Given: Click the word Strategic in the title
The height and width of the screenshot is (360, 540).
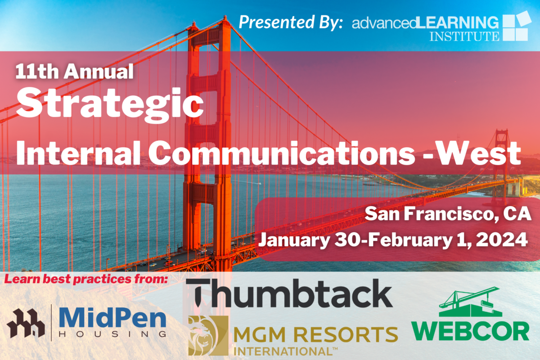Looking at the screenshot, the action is pyautogui.click(x=110, y=105).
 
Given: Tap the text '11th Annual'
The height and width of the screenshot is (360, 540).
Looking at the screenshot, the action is pyautogui.click(x=74, y=72).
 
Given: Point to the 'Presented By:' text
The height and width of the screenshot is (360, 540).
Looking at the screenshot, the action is pyautogui.click(x=291, y=22).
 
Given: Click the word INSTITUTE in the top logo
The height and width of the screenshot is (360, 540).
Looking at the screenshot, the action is pyautogui.click(x=464, y=36).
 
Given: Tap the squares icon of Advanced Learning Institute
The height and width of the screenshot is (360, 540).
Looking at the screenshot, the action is pyautogui.click(x=517, y=26).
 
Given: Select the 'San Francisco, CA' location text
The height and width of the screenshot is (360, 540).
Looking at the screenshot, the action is pyautogui.click(x=448, y=214).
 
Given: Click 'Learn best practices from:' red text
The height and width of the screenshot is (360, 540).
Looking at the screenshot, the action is pyautogui.click(x=86, y=279).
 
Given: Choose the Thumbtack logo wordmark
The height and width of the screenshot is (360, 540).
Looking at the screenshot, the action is pyautogui.click(x=289, y=293).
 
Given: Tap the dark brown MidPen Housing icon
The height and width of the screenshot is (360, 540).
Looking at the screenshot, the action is pyautogui.click(x=26, y=323).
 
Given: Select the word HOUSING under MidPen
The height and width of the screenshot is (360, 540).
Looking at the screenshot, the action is pyautogui.click(x=112, y=334).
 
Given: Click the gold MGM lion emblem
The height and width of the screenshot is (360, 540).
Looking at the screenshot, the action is pyautogui.click(x=208, y=335).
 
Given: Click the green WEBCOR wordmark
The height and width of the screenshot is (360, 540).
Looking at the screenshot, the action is pyautogui.click(x=470, y=332).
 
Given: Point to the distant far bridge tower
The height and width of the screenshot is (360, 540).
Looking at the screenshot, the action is pyautogui.click(x=501, y=164).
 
